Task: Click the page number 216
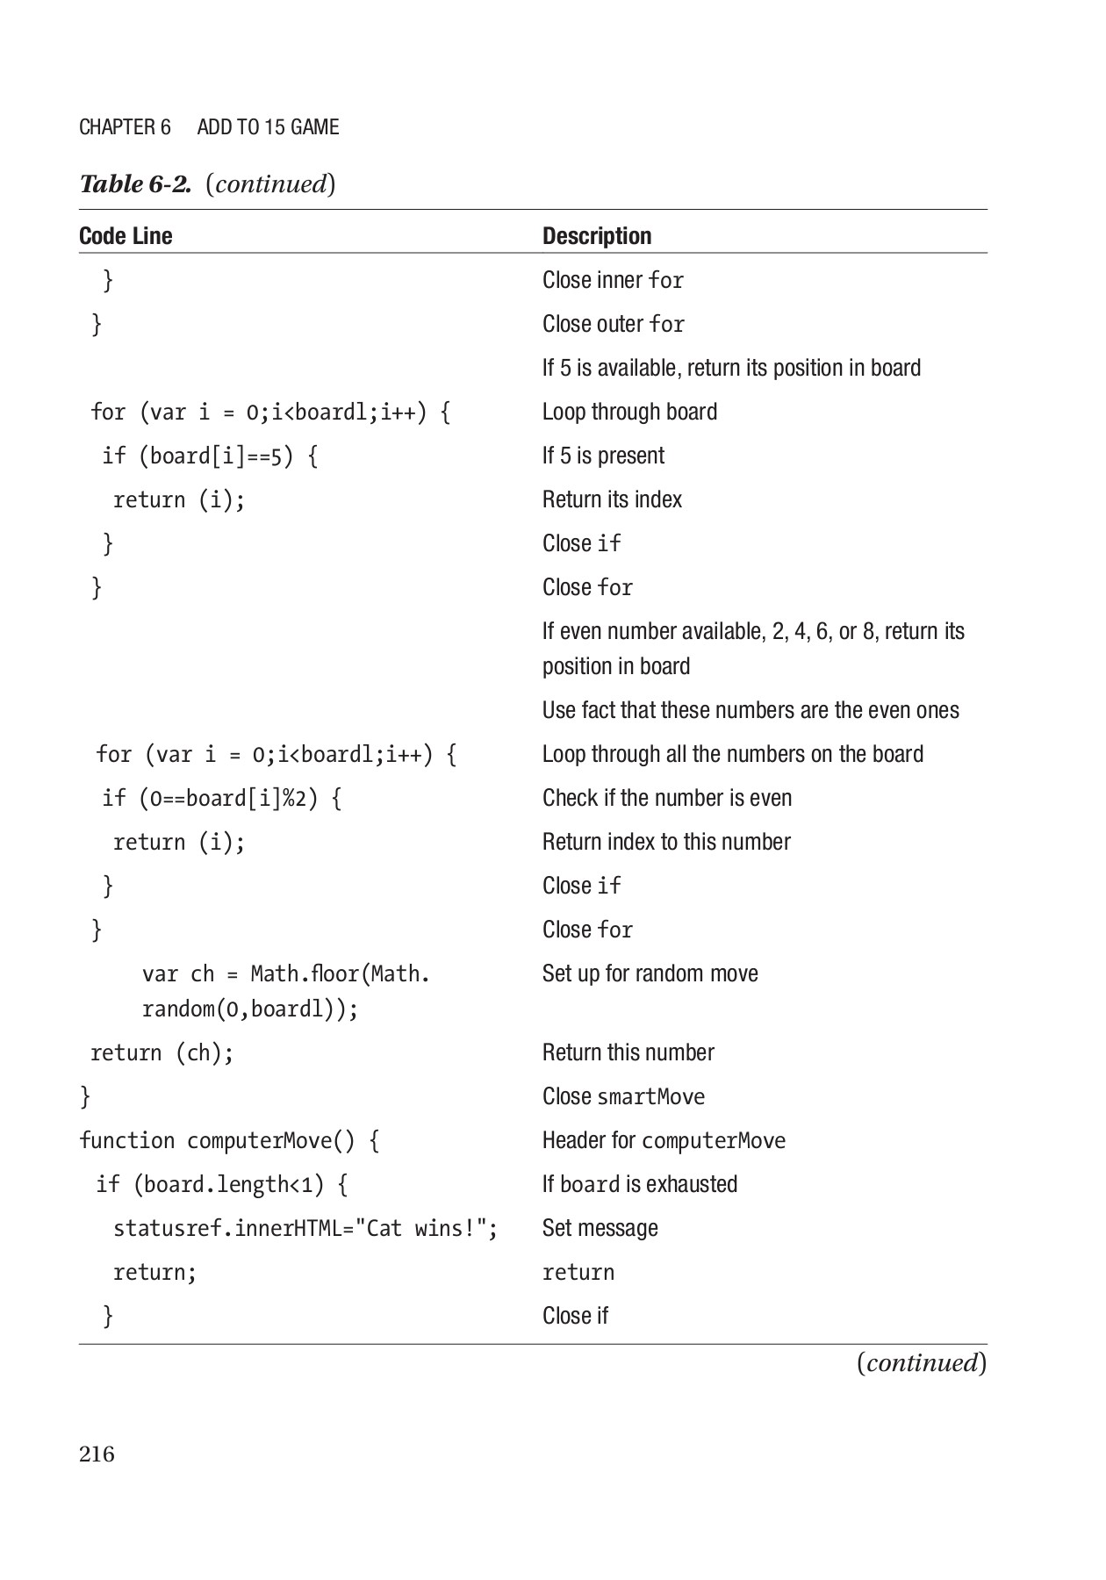[x=97, y=1454]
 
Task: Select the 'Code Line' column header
[x=126, y=236]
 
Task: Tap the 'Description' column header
[x=597, y=236]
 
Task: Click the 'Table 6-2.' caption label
[x=135, y=184]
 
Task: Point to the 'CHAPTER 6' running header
[x=125, y=127]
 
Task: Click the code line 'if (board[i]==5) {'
[x=210, y=456]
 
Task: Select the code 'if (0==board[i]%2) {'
[x=221, y=798]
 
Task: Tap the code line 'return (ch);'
[x=162, y=1052]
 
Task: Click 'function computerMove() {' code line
[x=229, y=1140]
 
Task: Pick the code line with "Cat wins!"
[x=305, y=1228]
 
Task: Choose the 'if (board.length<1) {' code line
[x=221, y=1184]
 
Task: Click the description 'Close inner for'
[x=613, y=280]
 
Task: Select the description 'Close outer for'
[x=613, y=324]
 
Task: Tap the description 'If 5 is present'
[x=603, y=456]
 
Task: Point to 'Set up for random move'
[x=650, y=973]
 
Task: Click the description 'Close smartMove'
[x=623, y=1096]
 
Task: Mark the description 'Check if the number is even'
[x=666, y=798]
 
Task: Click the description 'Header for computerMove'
[x=664, y=1140]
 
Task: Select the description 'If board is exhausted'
[x=639, y=1184]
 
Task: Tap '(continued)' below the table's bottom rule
[x=921, y=1362]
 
